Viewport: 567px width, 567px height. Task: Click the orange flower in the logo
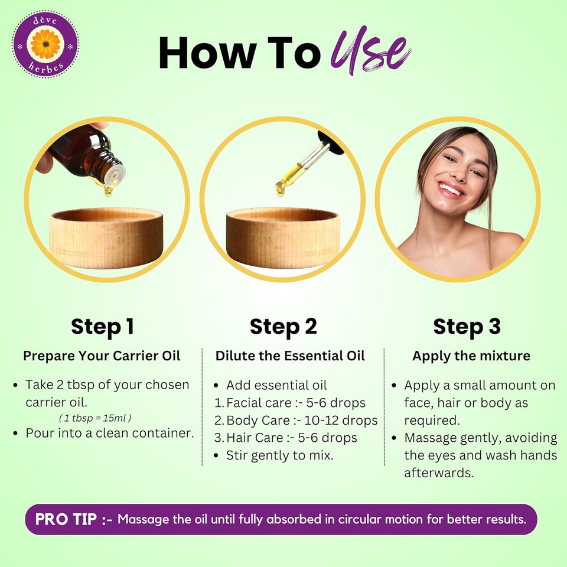(x=45, y=44)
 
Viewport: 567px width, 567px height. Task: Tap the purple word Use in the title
(x=372, y=50)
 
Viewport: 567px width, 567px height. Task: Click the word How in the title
(x=208, y=53)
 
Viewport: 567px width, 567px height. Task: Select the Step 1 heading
(x=102, y=327)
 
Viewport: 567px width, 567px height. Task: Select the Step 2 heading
(x=283, y=327)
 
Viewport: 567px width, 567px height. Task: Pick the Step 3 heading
(x=467, y=327)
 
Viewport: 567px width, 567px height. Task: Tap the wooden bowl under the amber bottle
(x=106, y=237)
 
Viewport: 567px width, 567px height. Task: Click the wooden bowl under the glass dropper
(x=283, y=237)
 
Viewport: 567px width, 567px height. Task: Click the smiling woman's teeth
(x=451, y=189)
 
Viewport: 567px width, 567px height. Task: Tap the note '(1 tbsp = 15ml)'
(x=95, y=418)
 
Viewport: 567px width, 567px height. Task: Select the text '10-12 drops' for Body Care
(x=341, y=420)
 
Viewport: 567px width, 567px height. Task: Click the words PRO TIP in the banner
(x=66, y=519)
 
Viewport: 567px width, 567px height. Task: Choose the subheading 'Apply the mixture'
(x=471, y=356)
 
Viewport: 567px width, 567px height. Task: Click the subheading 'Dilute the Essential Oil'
(x=290, y=356)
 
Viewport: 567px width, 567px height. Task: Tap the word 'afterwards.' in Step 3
(x=439, y=472)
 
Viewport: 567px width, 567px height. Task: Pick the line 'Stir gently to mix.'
(x=279, y=455)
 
